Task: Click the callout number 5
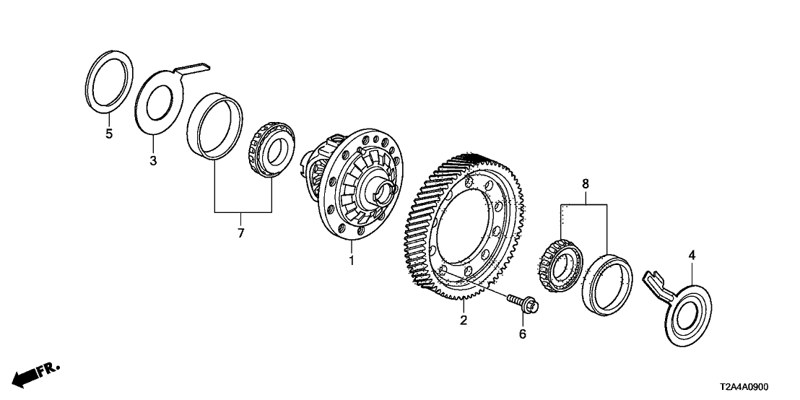pyautogui.click(x=109, y=134)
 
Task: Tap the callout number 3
pyautogui.click(x=153, y=161)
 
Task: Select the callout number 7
pyautogui.click(x=241, y=232)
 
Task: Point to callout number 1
pyautogui.click(x=352, y=260)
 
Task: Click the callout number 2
pyautogui.click(x=464, y=320)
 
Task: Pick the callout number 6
pyautogui.click(x=523, y=334)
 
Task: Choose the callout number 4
pyautogui.click(x=691, y=255)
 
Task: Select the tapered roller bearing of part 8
pyautogui.click(x=557, y=264)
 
